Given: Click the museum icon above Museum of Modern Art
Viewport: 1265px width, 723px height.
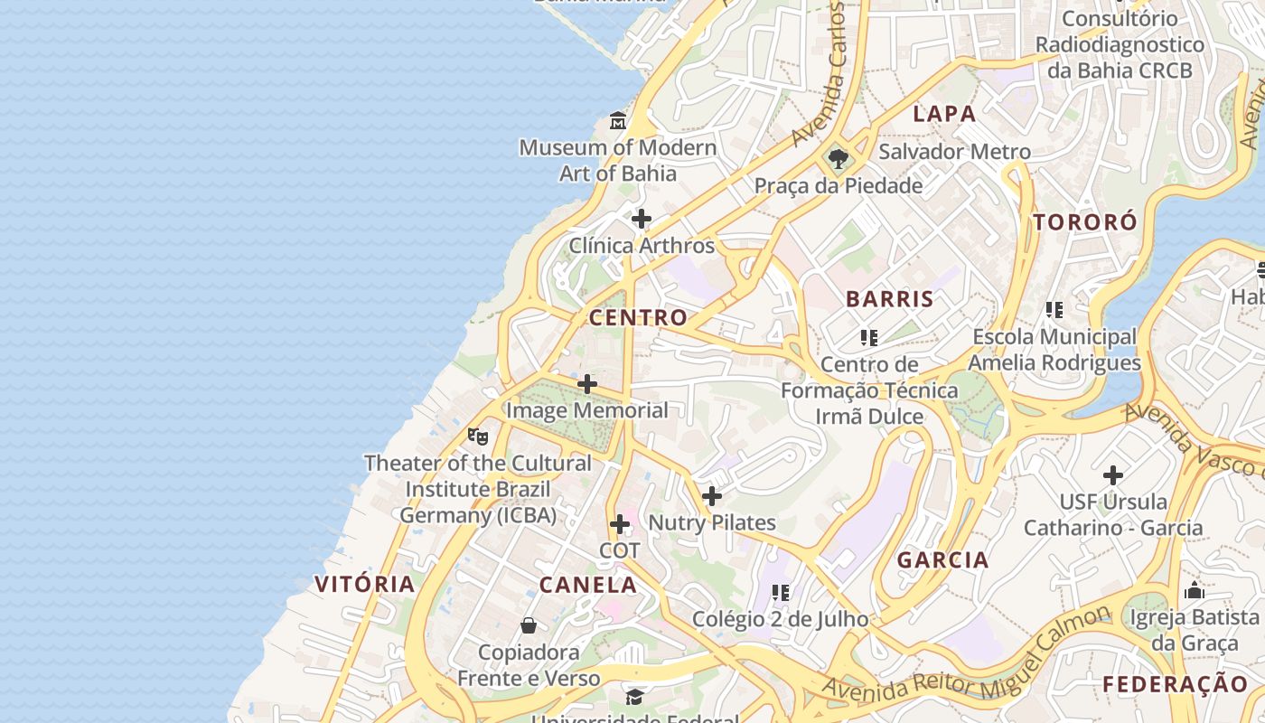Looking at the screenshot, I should pos(618,120).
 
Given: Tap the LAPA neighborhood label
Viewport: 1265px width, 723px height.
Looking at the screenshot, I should pos(944,114).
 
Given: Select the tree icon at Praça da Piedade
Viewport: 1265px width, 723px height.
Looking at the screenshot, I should pos(839,160).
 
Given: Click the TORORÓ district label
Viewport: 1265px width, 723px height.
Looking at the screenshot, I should pos(1085,222).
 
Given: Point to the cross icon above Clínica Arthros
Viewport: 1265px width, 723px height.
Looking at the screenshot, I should pos(642,219).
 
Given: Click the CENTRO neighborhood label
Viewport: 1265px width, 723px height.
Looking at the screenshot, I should pos(638,318).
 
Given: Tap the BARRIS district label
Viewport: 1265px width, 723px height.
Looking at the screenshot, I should pos(889,299).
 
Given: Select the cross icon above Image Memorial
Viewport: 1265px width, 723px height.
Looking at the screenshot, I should pos(587,384).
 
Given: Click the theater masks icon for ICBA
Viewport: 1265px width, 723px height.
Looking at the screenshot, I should pos(478,437).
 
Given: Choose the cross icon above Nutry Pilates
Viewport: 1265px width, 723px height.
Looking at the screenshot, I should pos(712,496).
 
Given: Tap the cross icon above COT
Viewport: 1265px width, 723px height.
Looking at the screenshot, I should pos(620,524).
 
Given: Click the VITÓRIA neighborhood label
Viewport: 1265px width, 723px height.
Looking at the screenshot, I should pos(365,584).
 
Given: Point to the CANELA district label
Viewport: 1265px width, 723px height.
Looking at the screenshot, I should pos(588,585).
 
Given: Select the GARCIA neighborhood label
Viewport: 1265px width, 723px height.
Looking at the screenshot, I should pos(942,560).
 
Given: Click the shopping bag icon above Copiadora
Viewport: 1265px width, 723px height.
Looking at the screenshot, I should pos(529,625).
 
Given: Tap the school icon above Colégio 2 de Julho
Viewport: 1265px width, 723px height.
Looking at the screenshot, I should pos(781,593).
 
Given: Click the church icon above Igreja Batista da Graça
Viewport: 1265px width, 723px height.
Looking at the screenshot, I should pos(1195,592).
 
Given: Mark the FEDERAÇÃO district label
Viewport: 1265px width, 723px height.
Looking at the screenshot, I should pos(1175,684).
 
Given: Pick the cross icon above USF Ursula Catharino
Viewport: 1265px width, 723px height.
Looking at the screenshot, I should pos(1113,475).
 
